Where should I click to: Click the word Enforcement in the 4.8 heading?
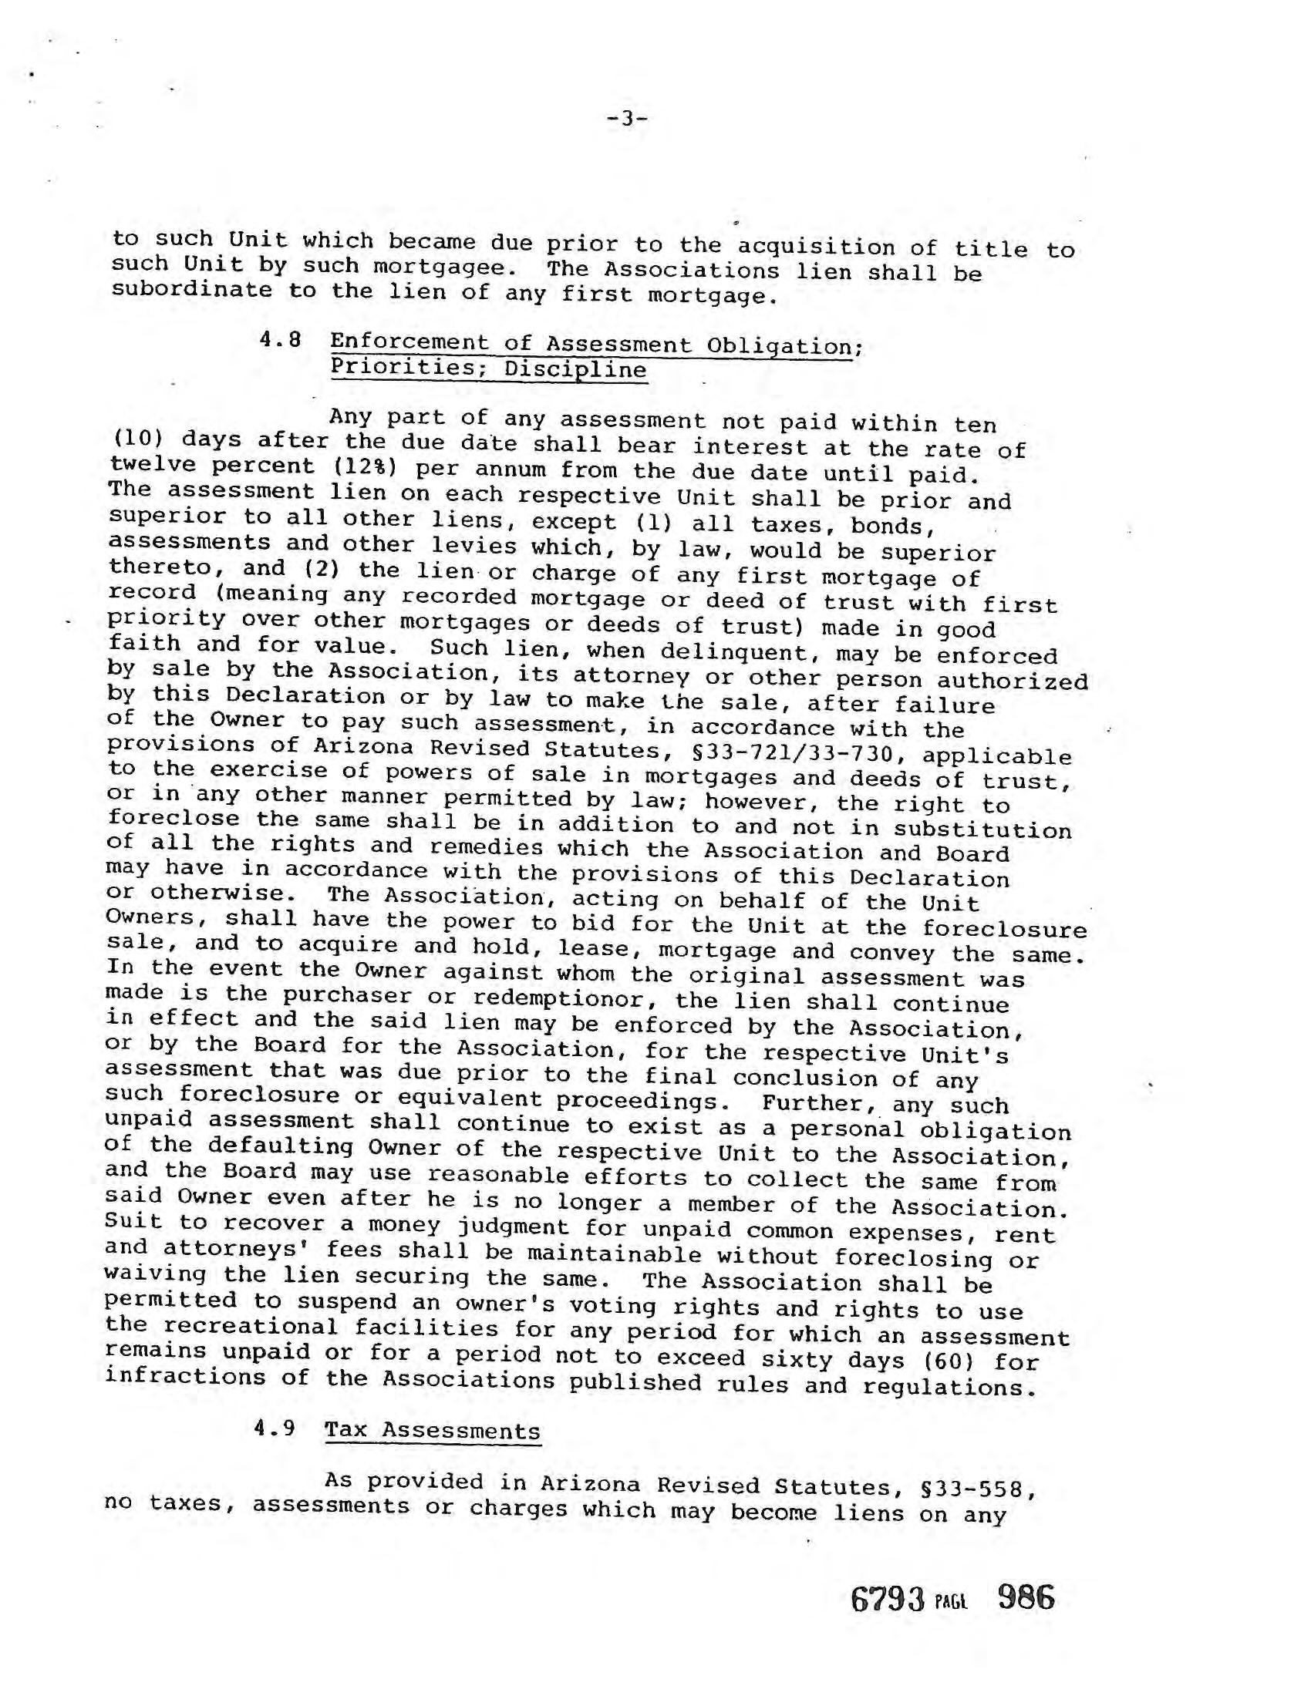click(409, 342)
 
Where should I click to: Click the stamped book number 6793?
click(889, 1599)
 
